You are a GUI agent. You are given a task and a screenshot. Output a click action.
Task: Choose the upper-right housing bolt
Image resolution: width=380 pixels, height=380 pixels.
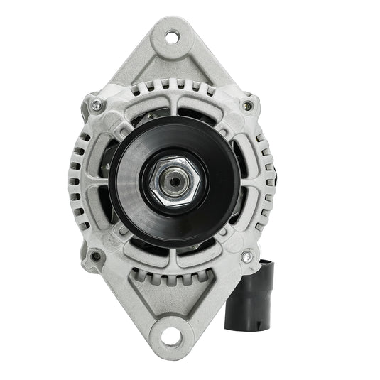point(247,106)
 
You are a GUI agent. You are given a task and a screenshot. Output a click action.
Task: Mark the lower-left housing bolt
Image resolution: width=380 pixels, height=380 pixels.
point(95,256)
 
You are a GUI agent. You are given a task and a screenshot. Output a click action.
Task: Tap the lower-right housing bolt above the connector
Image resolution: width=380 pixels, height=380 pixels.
point(247,256)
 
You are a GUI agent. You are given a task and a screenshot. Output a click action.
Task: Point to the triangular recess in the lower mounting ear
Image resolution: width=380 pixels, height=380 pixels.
point(172,302)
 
